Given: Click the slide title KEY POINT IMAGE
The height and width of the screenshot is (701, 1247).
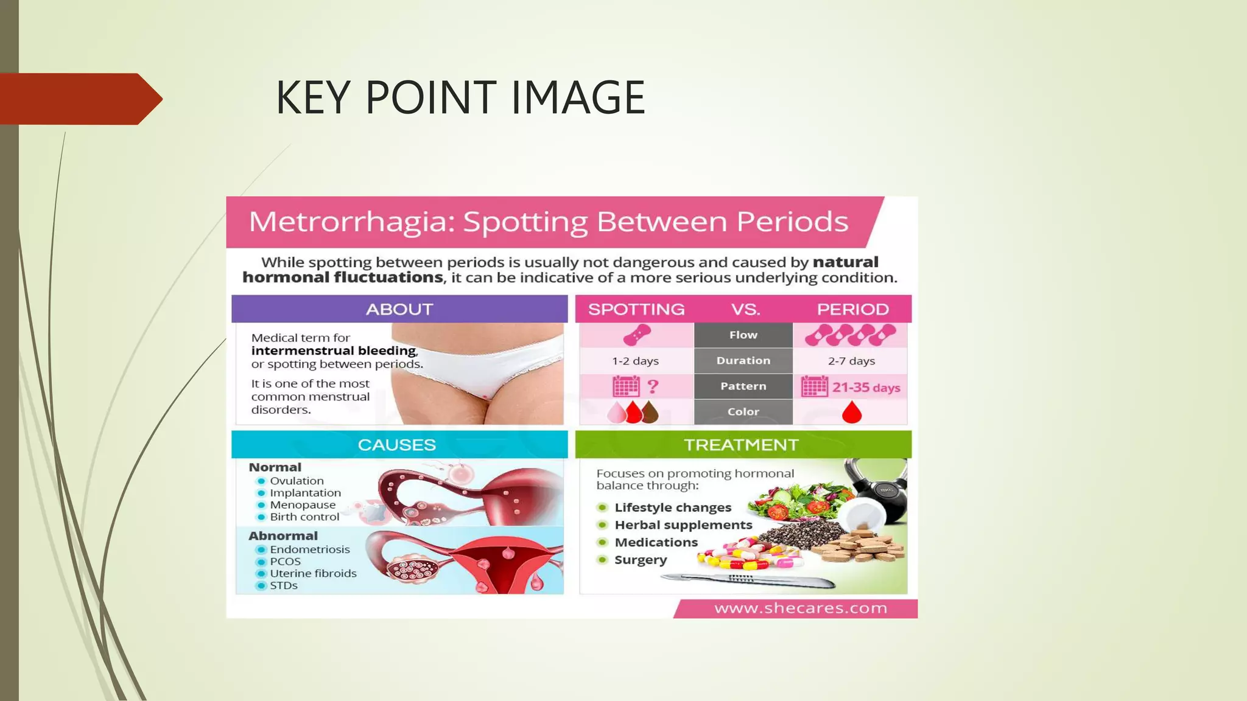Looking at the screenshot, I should (460, 97).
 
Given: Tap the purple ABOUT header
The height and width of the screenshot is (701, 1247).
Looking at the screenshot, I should (399, 309).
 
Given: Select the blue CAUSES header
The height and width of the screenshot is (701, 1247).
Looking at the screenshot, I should (397, 445).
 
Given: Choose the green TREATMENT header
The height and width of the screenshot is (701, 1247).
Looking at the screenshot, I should (741, 445).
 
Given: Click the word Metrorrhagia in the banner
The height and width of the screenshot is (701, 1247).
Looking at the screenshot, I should (353, 221).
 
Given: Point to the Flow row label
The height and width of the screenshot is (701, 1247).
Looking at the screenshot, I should (743, 335).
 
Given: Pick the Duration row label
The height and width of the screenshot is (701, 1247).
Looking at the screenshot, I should (743, 361).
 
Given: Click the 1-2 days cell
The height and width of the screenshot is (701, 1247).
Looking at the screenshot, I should (636, 361).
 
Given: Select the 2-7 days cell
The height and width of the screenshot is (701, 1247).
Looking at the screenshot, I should (851, 361).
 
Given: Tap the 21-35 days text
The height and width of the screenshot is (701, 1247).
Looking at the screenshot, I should (866, 388).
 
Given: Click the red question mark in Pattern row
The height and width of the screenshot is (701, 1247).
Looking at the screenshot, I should (653, 386).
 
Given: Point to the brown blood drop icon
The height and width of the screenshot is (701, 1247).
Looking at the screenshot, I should (650, 413).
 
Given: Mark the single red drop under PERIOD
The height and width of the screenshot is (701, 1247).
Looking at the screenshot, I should (852, 413).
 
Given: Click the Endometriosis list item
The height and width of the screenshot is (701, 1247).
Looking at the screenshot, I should (310, 549).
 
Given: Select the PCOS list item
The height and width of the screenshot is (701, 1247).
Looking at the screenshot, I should (286, 562).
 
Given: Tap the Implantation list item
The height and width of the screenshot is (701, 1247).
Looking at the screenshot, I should (306, 493).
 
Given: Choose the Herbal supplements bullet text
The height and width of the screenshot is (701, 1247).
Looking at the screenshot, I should (683, 525).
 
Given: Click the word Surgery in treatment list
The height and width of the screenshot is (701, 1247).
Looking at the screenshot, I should (641, 560).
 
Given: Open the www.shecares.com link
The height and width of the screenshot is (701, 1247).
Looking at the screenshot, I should (801, 609).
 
